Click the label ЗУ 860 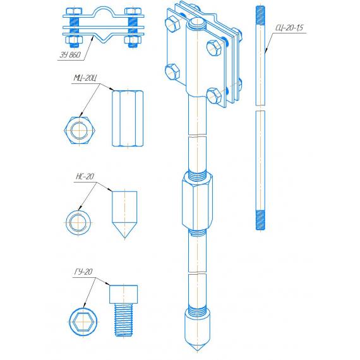(70, 55)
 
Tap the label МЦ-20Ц (85, 78)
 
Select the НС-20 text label (85, 176)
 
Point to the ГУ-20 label (83, 272)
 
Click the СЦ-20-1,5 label (289, 28)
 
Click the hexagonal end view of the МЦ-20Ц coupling (80, 130)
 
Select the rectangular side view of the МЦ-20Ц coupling (128, 119)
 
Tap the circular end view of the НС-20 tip (78, 222)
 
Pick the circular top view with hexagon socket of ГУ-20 (83, 322)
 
